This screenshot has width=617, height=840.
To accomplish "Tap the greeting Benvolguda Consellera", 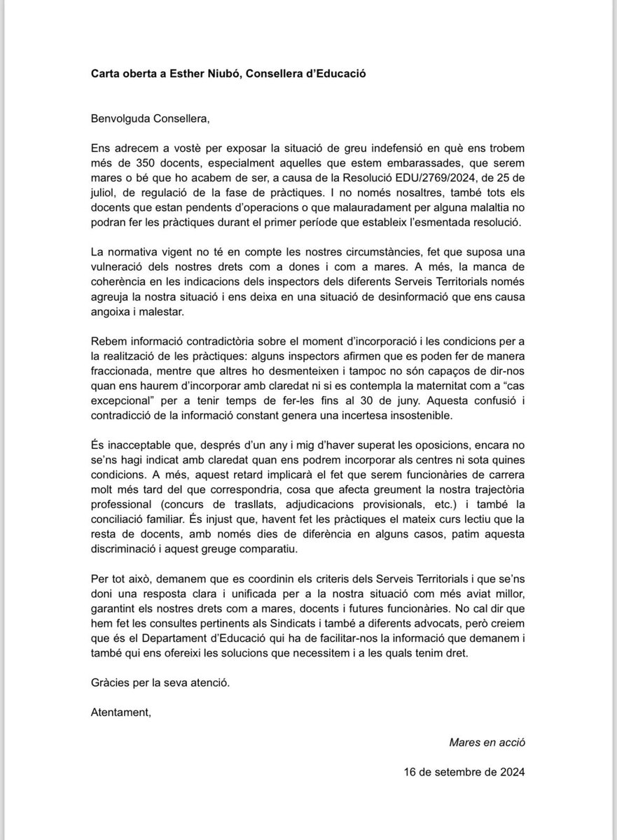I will [150, 118].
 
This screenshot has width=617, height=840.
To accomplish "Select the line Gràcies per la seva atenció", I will [161, 681].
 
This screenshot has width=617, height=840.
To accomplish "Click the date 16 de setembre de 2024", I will [464, 772].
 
